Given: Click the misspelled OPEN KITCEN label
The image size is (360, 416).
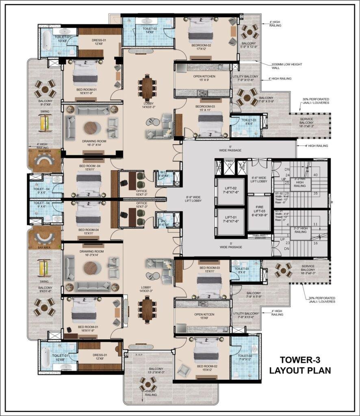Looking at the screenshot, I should pos(204,317).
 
